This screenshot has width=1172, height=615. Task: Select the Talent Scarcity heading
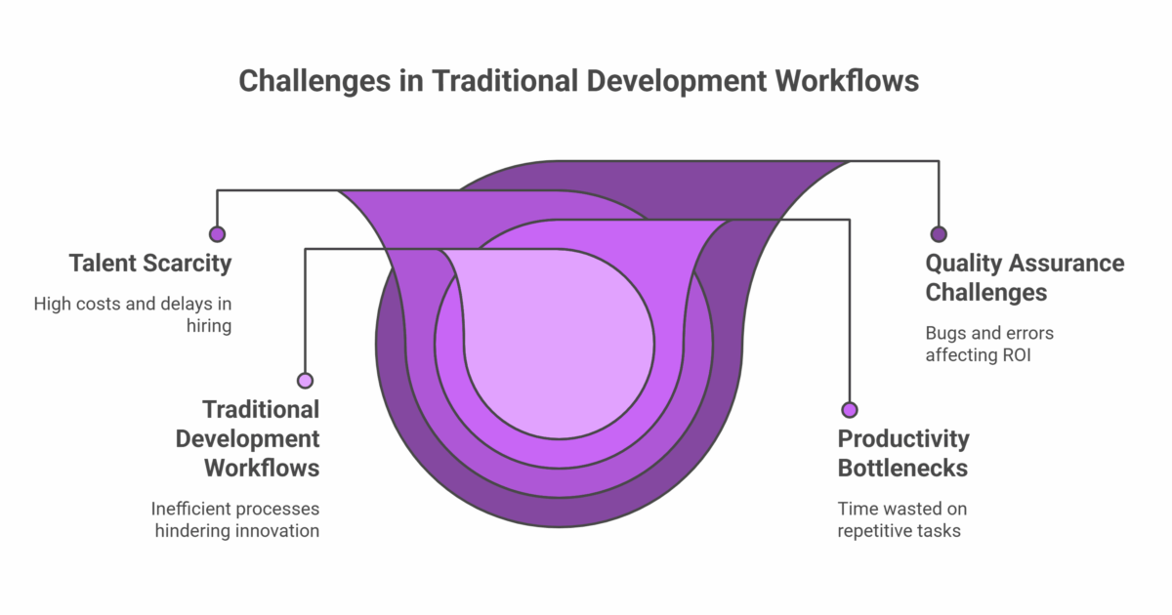pos(150,263)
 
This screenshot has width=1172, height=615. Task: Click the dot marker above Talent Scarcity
pos(217,234)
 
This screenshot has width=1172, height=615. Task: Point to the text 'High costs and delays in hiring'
pos(133,314)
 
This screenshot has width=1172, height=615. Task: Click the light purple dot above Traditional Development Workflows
pos(306,381)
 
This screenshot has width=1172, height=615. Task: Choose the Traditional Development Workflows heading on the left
pos(248,438)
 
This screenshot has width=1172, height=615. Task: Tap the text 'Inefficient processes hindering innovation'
pos(235,519)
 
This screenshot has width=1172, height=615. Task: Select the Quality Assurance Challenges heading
pos(1025,277)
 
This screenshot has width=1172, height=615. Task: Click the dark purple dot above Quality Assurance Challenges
pos(939,234)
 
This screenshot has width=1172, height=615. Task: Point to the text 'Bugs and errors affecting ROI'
pos(989,344)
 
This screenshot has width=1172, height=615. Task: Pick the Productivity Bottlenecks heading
pos(902,453)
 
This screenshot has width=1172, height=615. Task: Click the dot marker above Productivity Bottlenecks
pos(850,410)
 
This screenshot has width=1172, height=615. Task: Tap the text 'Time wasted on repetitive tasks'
pos(901,519)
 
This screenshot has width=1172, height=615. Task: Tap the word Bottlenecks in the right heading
pos(902,468)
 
